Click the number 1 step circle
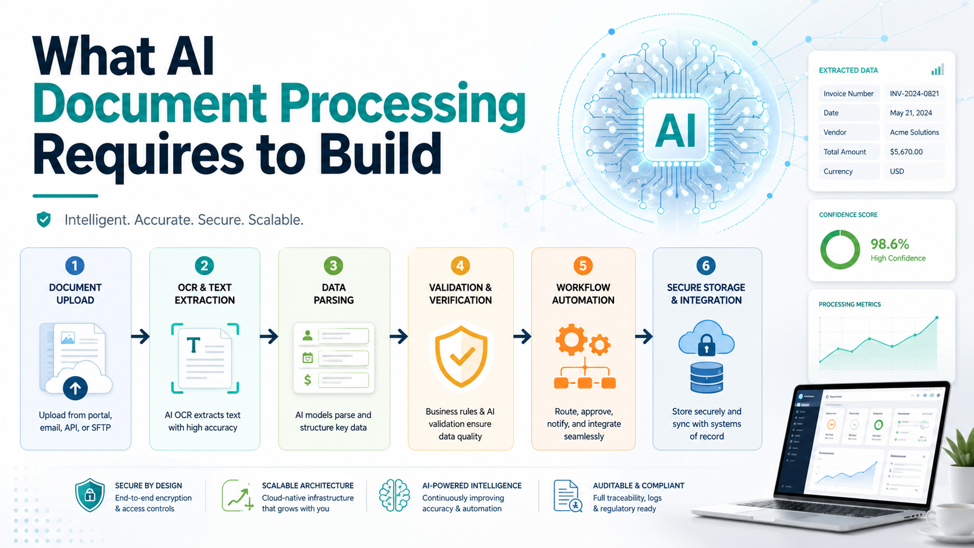tap(75, 266)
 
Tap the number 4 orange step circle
tap(460, 266)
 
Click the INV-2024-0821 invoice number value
tap(914, 94)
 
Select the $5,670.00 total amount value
tap(906, 152)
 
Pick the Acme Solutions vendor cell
tap(914, 133)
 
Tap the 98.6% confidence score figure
tap(890, 244)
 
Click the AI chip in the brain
tap(676, 130)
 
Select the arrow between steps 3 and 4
tap(398, 337)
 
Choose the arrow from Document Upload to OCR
tap(140, 337)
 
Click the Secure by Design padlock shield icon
tap(90, 496)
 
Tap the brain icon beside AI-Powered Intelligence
tap(394, 496)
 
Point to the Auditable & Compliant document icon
tap(567, 496)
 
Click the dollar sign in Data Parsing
tap(308, 380)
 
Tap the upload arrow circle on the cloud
tap(75, 387)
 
